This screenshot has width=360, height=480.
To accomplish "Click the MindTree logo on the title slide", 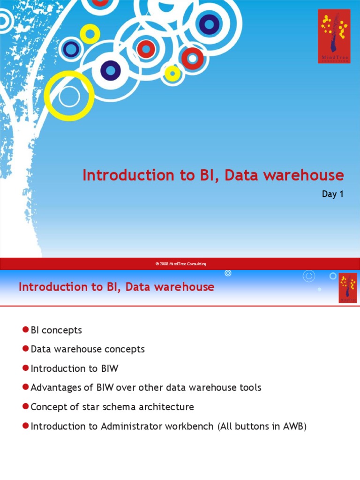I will (x=334, y=36).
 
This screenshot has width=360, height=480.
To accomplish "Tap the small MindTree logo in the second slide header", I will (x=347, y=288).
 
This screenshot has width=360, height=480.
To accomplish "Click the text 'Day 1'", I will (x=333, y=194).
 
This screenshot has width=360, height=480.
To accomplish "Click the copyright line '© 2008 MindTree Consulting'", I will (x=180, y=264).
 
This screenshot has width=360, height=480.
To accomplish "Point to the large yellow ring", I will (x=69, y=96).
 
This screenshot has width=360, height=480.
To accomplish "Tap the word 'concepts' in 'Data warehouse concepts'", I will (x=127, y=349).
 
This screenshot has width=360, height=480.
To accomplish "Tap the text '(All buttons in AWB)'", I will (x=262, y=426).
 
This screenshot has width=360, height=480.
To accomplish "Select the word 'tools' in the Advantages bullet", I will (x=250, y=388).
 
